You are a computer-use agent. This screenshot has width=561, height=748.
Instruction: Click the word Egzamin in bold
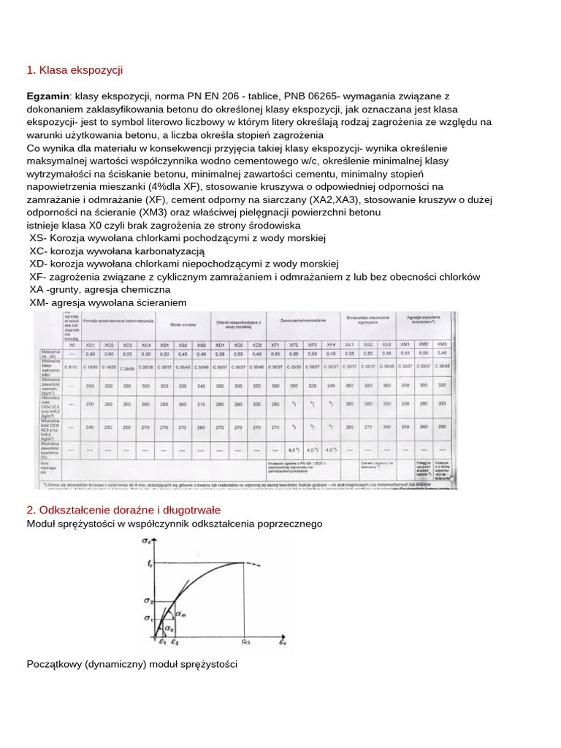click(x=47, y=96)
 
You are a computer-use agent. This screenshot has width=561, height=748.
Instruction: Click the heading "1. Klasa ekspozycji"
click(x=75, y=70)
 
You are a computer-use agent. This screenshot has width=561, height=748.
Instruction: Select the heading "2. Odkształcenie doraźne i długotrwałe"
click(x=123, y=509)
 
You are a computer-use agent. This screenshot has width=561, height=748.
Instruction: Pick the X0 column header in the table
click(x=72, y=344)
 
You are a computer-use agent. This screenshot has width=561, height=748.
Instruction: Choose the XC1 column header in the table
click(x=91, y=344)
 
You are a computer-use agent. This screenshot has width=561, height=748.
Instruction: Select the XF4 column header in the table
click(x=331, y=344)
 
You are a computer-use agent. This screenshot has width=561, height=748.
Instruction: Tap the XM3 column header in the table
click(x=442, y=344)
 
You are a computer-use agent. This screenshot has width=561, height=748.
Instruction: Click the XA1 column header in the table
click(x=349, y=344)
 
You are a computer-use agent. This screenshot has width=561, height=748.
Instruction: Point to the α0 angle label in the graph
click(x=169, y=627)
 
